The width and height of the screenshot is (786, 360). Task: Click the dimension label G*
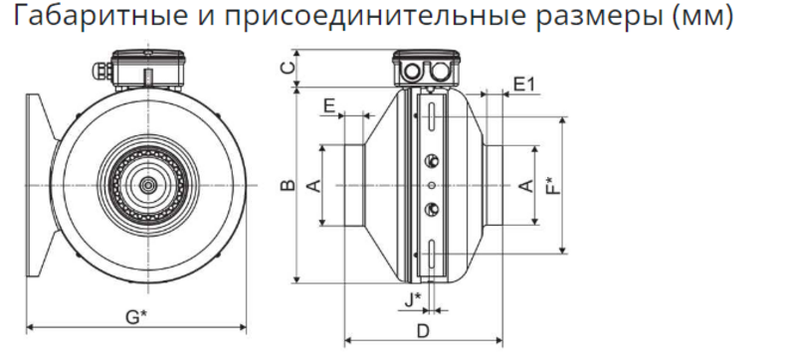pos(136,317)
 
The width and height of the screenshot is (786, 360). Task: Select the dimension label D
pos(424,331)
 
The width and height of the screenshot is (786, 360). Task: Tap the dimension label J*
pos(413,300)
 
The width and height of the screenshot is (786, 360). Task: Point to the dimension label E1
pos(525,85)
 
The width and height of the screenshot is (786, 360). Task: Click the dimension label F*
pos(553,186)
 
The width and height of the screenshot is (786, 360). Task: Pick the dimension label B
pos(288,186)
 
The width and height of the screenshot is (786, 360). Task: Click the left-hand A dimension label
pos(313,186)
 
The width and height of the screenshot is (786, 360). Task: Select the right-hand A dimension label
pos(526,186)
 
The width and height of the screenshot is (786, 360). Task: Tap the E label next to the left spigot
pos(329,105)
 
